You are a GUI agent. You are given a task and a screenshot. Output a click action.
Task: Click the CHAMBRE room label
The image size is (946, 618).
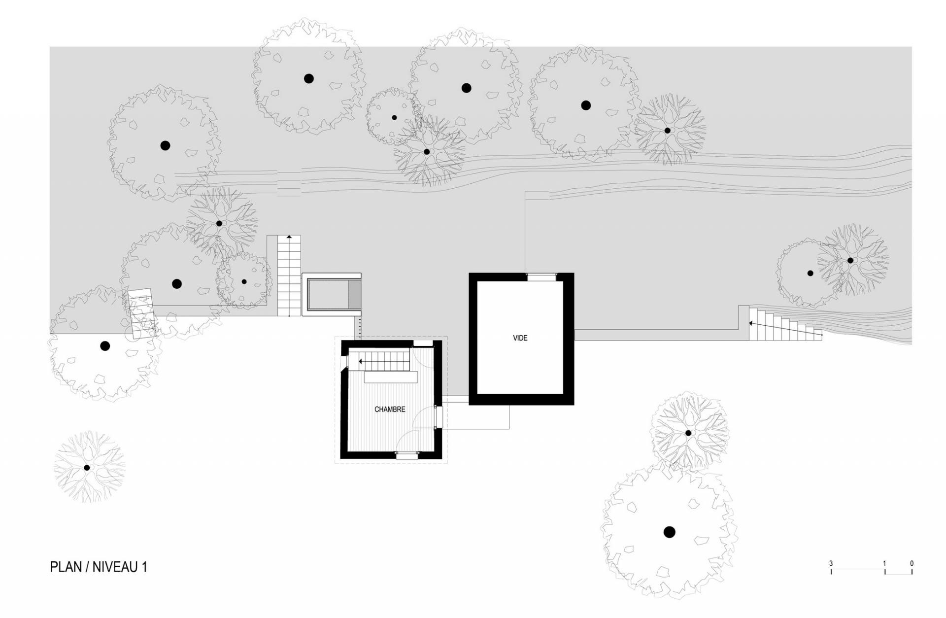tap(390, 410)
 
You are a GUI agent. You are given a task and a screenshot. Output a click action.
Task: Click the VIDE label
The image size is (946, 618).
tap(520, 338)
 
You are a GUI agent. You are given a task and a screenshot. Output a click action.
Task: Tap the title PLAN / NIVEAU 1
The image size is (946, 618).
tap(99, 567)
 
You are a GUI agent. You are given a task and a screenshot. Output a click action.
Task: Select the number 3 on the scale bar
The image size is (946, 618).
tap(831, 563)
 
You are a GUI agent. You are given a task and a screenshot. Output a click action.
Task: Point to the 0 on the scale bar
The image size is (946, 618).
tap(912, 563)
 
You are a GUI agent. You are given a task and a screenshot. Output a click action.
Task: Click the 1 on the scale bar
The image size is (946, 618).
tap(884, 563)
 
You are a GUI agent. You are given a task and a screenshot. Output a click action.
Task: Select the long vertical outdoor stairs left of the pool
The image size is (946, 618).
tap(289, 275)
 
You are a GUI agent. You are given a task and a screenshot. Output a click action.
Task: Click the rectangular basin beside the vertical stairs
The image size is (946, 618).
tap(332, 294)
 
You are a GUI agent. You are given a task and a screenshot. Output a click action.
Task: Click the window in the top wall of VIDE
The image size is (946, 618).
tap(542, 276)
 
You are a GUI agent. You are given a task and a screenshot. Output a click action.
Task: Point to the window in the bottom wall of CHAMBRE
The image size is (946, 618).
tap(407, 455)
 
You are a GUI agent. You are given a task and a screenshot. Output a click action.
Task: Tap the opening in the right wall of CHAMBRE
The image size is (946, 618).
tap(438, 417)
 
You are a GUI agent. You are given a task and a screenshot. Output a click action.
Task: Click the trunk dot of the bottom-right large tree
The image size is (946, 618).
tap(669, 532)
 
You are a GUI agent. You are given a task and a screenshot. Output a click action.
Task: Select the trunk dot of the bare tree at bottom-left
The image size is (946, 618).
tap(87, 468)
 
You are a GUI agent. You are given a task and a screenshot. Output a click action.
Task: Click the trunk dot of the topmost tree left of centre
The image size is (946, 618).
tap(309, 78)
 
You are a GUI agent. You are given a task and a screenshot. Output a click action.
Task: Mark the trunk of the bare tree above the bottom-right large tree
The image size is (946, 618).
tap(688, 433)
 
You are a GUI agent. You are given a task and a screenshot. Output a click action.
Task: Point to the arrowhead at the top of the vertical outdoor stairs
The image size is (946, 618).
tap(289, 237)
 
